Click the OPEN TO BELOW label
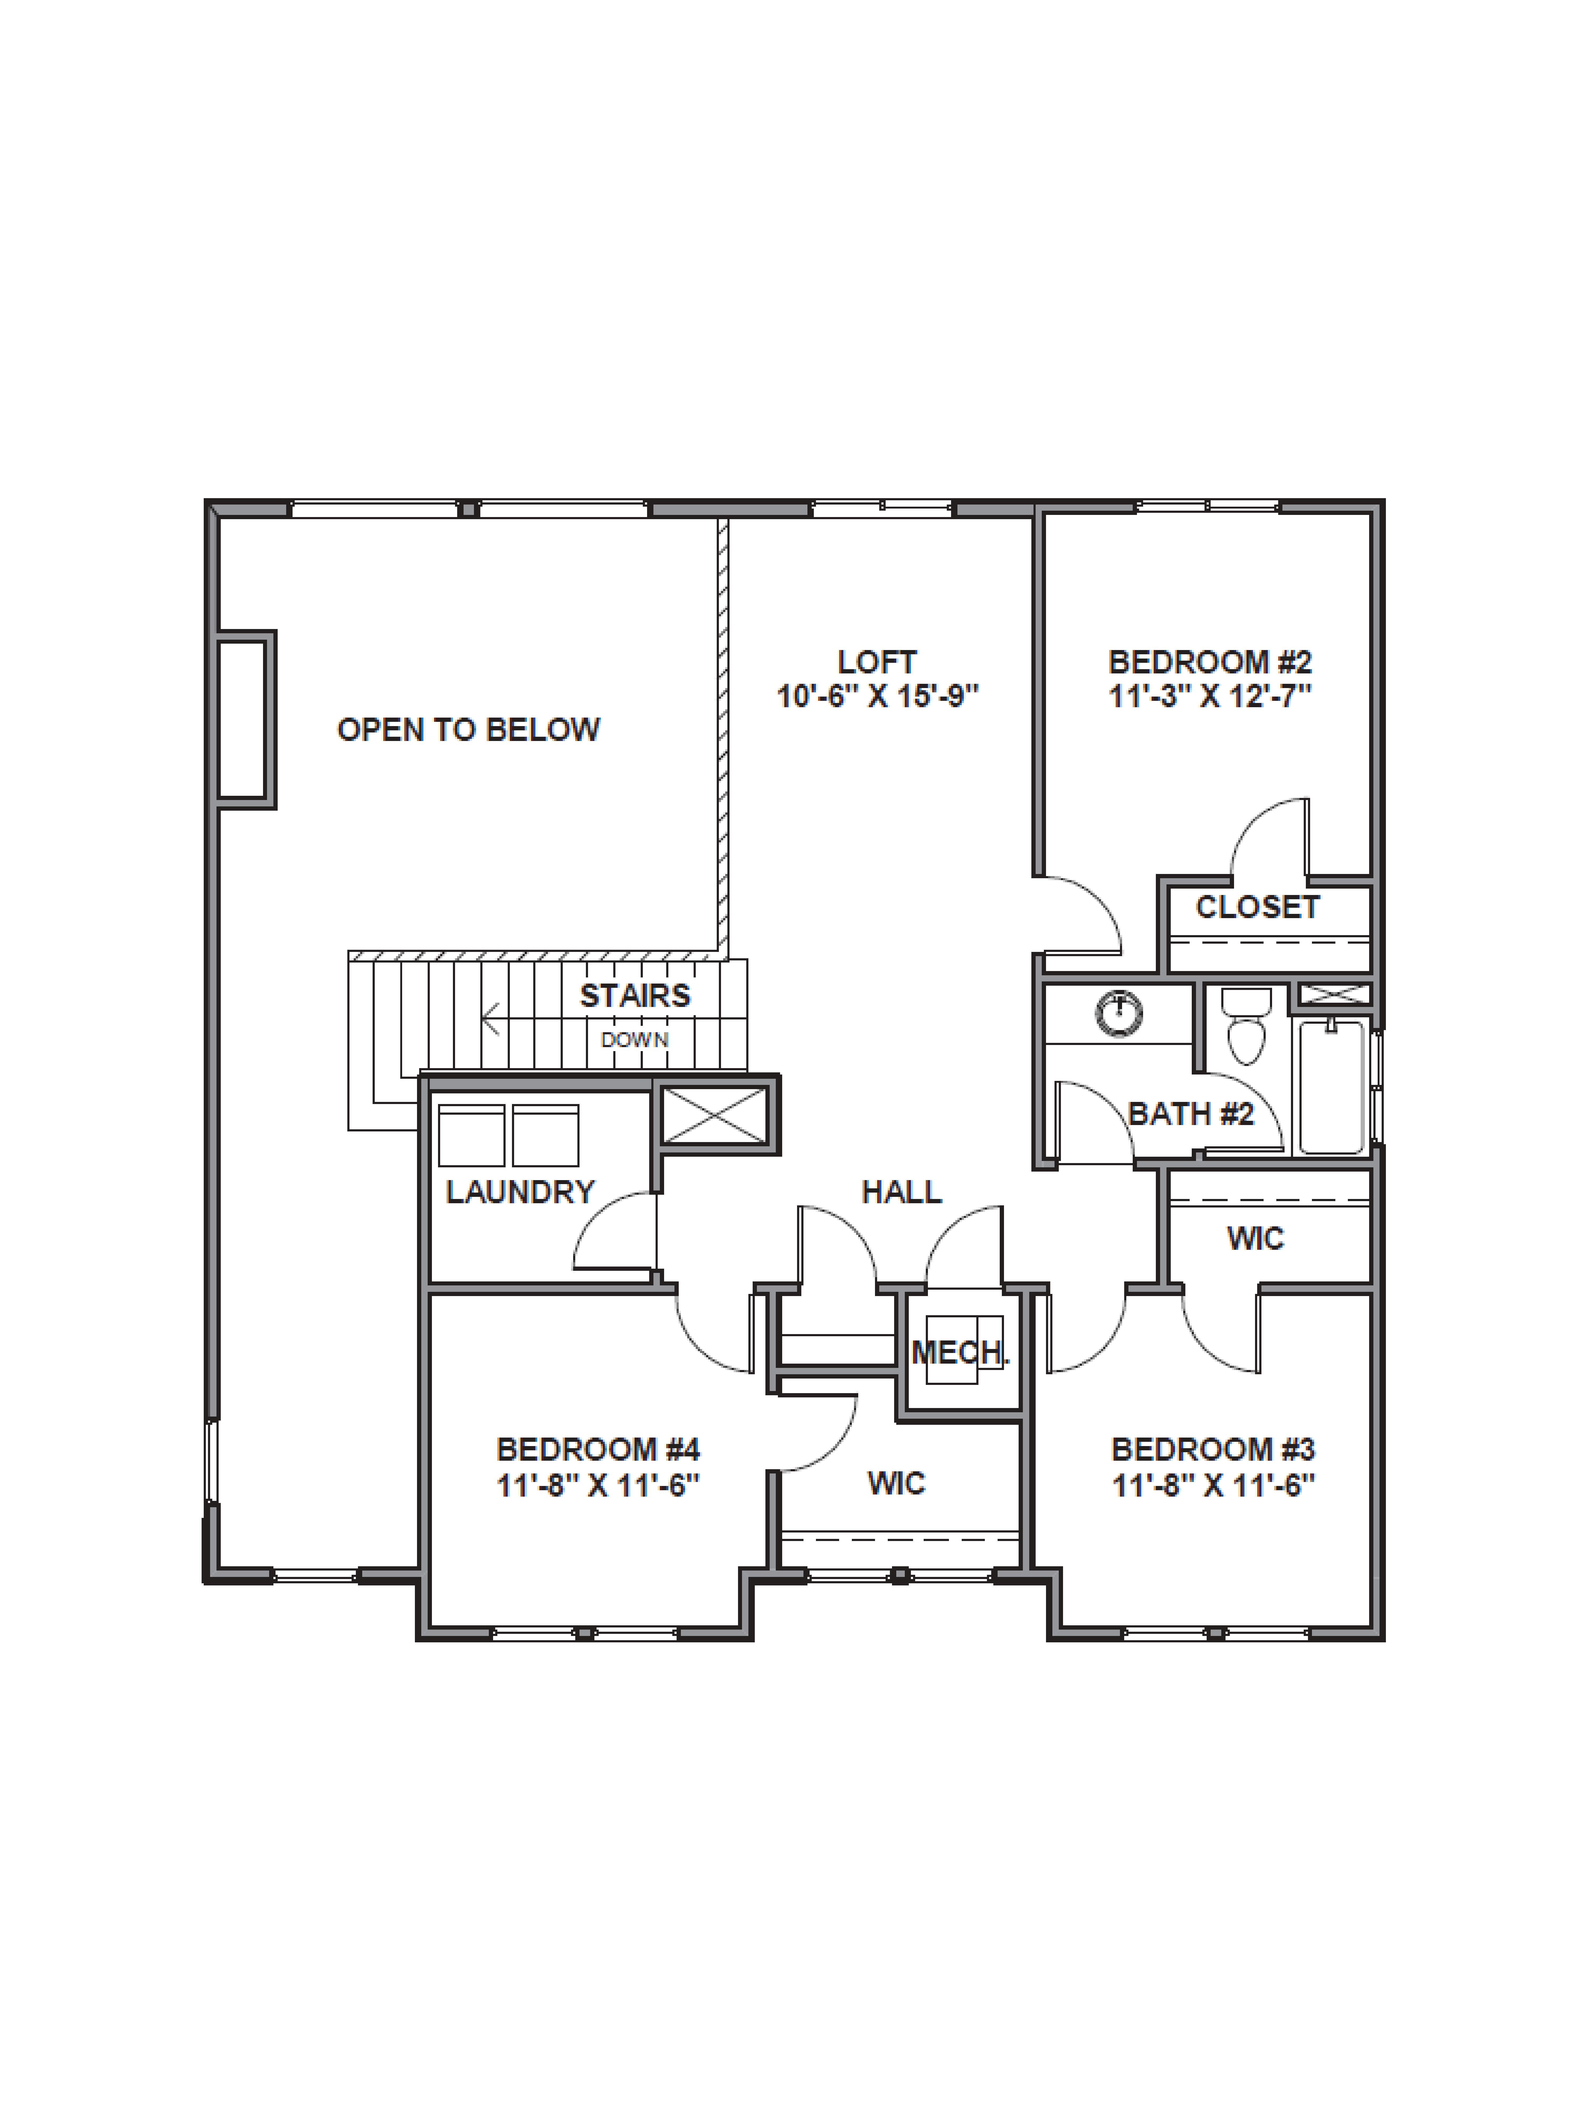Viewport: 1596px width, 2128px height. tap(469, 730)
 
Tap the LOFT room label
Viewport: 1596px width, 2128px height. tap(876, 662)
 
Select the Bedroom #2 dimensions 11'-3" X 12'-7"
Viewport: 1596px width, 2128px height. tap(1210, 696)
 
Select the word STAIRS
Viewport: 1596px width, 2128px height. tap(635, 996)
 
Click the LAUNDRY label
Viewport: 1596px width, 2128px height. tap(520, 1193)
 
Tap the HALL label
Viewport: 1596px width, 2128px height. tap(901, 1193)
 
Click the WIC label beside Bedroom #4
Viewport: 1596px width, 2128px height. tap(896, 1484)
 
